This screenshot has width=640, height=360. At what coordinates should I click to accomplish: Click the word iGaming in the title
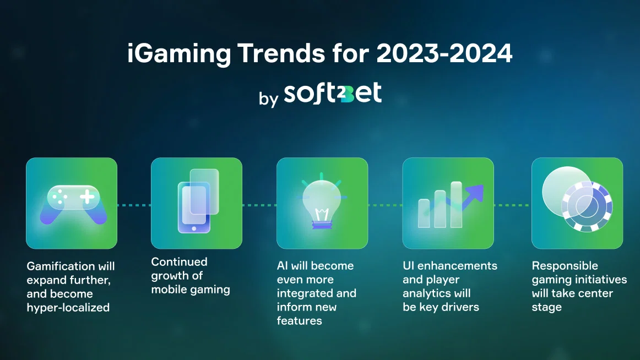click(x=179, y=54)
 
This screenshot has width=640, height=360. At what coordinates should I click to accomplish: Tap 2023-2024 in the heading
click(x=444, y=53)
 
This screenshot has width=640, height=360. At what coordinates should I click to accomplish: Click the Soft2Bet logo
click(x=333, y=93)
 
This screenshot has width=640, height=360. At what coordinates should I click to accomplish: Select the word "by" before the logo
click(x=268, y=98)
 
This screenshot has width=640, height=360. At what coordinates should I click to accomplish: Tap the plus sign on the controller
click(x=87, y=197)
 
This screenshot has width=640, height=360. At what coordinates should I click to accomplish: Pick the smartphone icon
click(x=198, y=201)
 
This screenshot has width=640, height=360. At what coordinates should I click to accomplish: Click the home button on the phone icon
click(x=194, y=229)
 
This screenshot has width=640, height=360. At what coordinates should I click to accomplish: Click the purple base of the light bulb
click(x=322, y=224)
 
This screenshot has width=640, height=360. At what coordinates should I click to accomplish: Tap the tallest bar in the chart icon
click(x=457, y=204)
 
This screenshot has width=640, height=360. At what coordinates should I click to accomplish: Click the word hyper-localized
click(x=68, y=307)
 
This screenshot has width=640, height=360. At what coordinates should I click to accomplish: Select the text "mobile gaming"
click(x=191, y=290)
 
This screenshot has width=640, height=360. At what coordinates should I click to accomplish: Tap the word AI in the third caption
click(x=283, y=265)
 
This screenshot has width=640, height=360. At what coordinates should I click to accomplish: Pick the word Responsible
click(x=565, y=266)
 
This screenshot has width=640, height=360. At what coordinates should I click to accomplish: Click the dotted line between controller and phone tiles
click(x=134, y=205)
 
